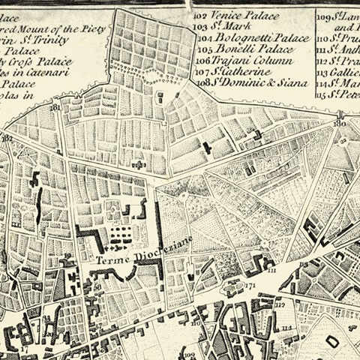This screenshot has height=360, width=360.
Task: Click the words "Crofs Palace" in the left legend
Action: tap(33, 63)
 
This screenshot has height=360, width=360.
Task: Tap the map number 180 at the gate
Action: tap(338, 124)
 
